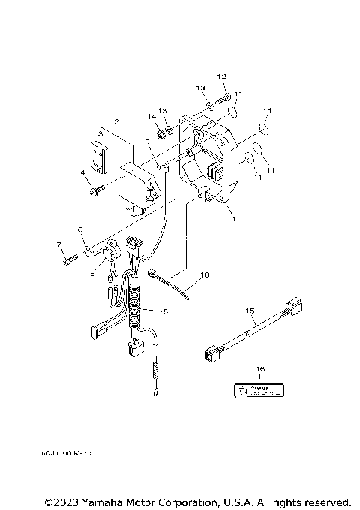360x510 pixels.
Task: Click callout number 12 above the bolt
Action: (222, 76)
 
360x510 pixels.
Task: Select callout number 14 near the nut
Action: (151, 116)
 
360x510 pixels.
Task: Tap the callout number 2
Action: (116, 121)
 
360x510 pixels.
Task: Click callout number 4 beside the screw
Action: (84, 173)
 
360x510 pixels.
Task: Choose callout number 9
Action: (147, 141)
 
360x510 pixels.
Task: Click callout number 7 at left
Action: (58, 244)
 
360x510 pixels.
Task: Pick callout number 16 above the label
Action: (259, 370)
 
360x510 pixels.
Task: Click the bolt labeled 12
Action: (223, 96)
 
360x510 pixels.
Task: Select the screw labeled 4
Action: (94, 192)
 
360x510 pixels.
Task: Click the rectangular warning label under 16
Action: (259, 389)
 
